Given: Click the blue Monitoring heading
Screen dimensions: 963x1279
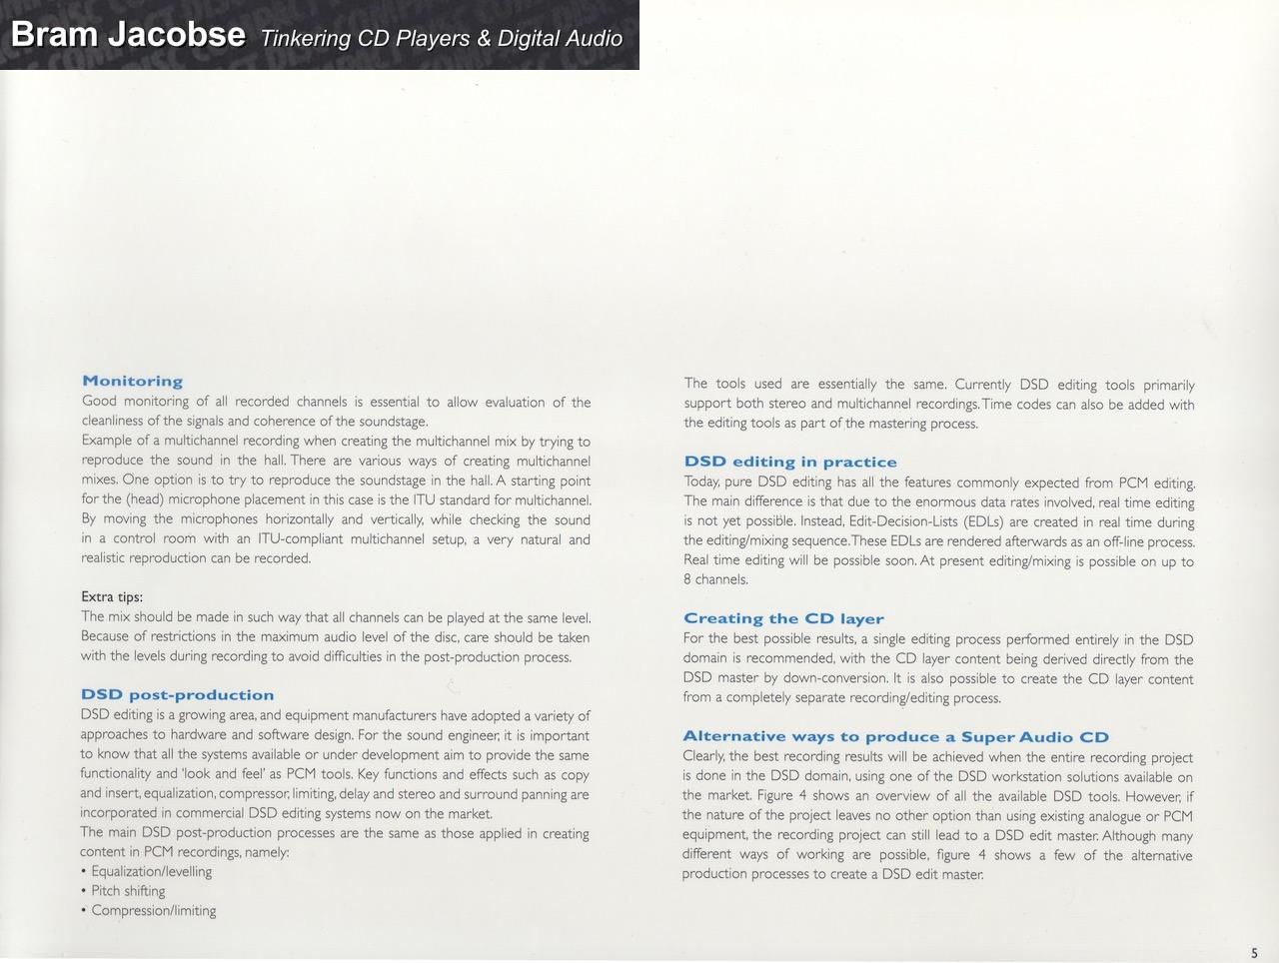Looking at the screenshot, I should pyautogui.click(x=133, y=381).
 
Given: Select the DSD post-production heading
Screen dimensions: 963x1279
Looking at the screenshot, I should pyautogui.click(x=177, y=694).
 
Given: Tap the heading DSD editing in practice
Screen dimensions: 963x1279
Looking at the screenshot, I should pyautogui.click(x=790, y=462).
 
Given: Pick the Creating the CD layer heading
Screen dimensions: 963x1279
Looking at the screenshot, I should pyautogui.click(x=783, y=618).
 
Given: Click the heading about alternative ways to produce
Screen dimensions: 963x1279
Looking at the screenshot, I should pyautogui.click(x=895, y=737).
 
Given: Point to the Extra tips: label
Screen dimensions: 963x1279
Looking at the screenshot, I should pyautogui.click(x=112, y=597).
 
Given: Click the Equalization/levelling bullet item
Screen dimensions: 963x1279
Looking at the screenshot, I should pyautogui.click(x=151, y=871).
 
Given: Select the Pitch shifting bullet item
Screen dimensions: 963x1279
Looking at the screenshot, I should pyautogui.click(x=128, y=891).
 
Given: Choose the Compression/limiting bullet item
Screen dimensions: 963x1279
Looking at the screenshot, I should pyautogui.click(x=153, y=910).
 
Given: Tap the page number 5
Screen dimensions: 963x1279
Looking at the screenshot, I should pyautogui.click(x=1254, y=953).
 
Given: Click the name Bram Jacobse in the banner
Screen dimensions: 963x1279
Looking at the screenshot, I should pyautogui.click(x=128, y=35).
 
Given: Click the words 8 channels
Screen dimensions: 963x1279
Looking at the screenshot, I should pyautogui.click(x=715, y=579).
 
